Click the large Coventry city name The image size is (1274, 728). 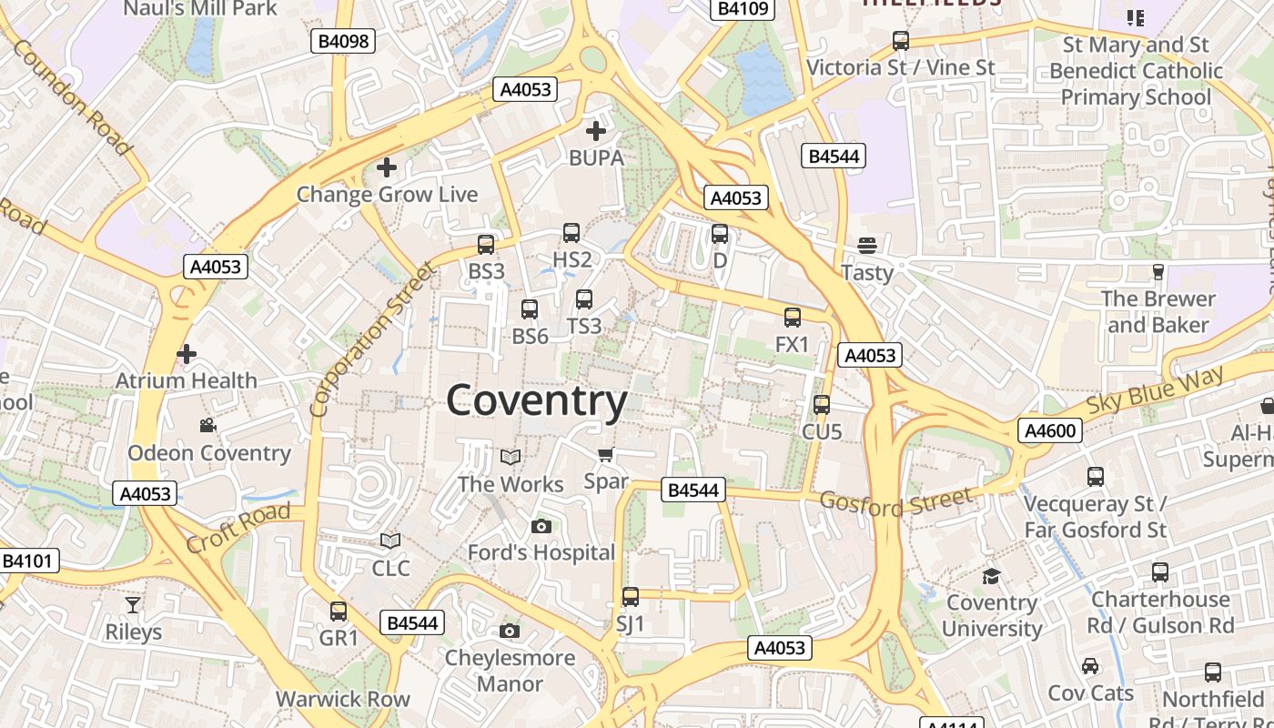[537, 400]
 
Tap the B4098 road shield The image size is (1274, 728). [343, 40]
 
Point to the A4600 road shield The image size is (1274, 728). [1049, 430]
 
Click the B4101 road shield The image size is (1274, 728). [26, 561]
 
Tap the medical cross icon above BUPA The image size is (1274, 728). [596, 131]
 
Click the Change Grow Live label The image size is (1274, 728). [387, 194]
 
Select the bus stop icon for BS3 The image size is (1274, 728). [486, 244]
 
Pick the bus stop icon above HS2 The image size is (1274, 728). [571, 233]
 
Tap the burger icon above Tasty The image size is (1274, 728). [866, 245]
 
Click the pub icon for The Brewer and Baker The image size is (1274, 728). [1158, 271]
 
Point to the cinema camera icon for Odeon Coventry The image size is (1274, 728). [208, 425]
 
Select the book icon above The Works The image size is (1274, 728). [511, 457]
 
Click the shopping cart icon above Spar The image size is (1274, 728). [605, 454]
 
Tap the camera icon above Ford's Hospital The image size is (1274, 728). [541, 526]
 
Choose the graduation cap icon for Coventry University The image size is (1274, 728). [991, 576]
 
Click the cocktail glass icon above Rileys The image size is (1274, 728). [133, 604]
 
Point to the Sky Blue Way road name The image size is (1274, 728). [1157, 392]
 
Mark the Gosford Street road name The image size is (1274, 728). [895, 500]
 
